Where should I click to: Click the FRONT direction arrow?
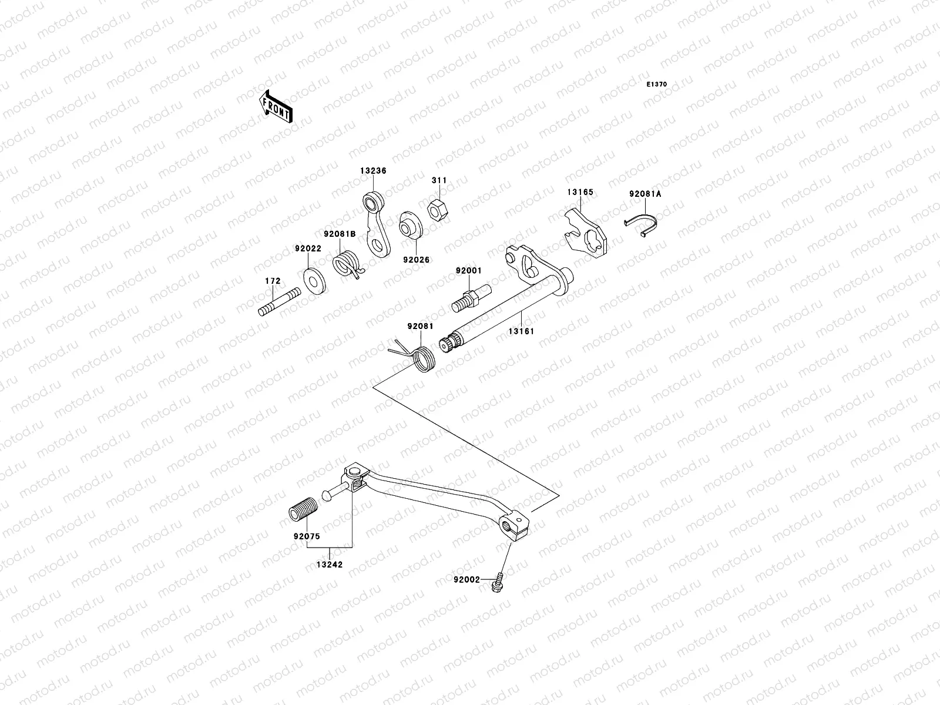tap(276, 107)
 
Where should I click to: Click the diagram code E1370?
tap(656, 85)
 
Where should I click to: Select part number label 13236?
tap(373, 171)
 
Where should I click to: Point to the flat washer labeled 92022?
tap(314, 281)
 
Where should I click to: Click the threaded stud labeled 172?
tap(279, 302)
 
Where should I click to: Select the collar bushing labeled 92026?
tap(410, 225)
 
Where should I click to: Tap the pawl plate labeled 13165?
tap(586, 233)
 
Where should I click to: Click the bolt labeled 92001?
tap(471, 298)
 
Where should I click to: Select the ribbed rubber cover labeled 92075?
tap(303, 509)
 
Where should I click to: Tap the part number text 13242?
tap(330, 565)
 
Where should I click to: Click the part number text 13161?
tap(521, 331)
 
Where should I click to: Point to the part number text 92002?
tap(467, 580)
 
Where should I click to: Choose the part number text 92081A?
tap(645, 194)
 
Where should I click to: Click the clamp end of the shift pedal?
tap(514, 528)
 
